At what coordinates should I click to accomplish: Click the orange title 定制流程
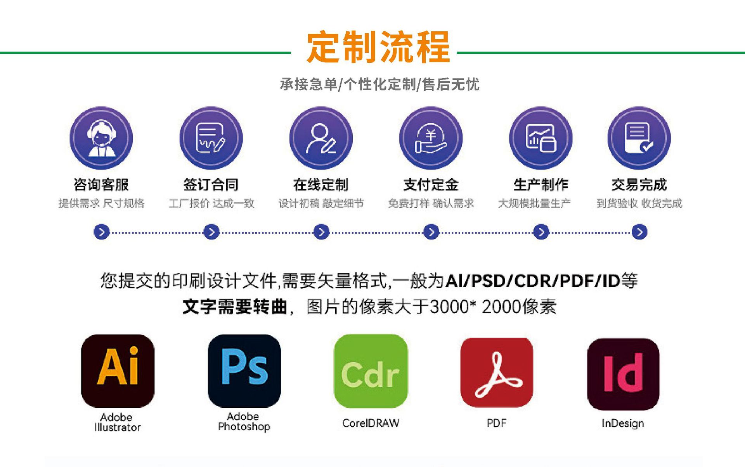tap(378, 47)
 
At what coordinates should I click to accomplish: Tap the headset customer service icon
tap(101, 138)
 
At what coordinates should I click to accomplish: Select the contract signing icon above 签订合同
tap(211, 138)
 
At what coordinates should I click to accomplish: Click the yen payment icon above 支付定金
tap(431, 138)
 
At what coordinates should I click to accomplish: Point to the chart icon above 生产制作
tap(541, 138)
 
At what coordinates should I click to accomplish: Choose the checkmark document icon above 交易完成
tap(639, 138)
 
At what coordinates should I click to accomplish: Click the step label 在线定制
tap(321, 185)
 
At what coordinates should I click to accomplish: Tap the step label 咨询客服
tap(101, 185)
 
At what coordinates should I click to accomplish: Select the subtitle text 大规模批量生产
tap(534, 203)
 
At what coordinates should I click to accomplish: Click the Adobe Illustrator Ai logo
tap(118, 370)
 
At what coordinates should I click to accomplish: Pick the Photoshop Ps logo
tap(244, 370)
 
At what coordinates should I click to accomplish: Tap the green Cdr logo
tap(371, 370)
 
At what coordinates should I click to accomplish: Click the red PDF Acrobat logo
tap(497, 372)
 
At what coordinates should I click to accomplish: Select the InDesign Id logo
tap(623, 374)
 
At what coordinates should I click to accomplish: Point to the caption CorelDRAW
tap(371, 423)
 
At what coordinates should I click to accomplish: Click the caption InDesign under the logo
tap(623, 423)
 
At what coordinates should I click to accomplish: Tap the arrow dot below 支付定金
tap(431, 232)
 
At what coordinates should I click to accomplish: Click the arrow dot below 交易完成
tap(639, 232)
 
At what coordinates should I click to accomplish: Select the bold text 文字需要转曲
tap(235, 307)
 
